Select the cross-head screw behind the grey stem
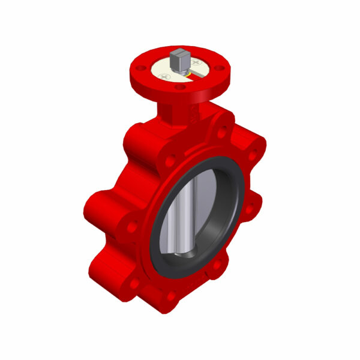pyautogui.click(x=196, y=61)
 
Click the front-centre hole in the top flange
pyautogui.click(x=179, y=88)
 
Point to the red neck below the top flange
pyautogui.click(x=174, y=111)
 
